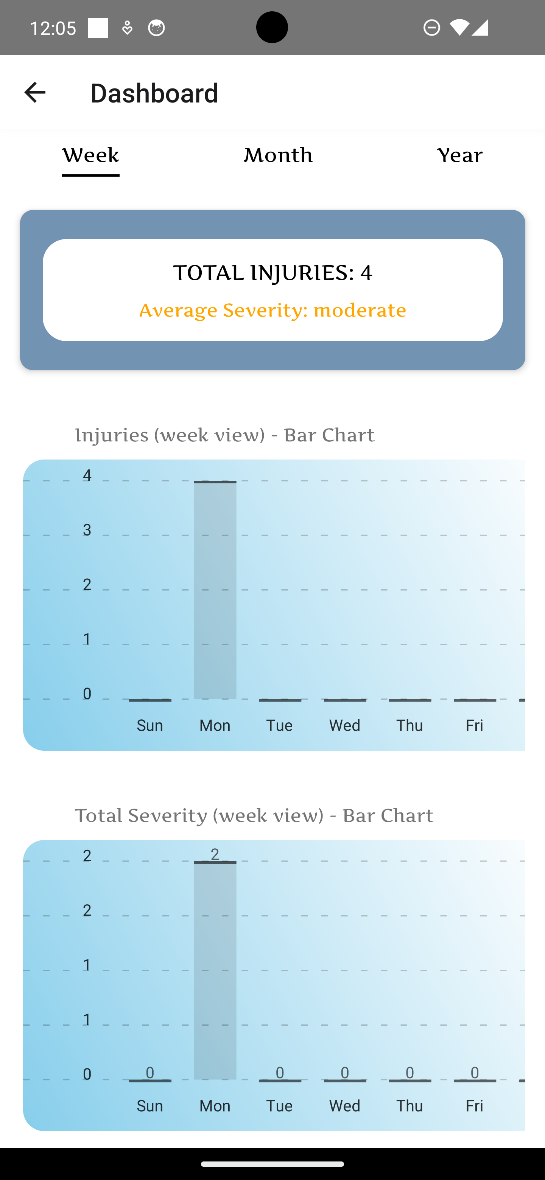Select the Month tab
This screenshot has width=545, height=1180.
278,155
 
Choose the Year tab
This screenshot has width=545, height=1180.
460,155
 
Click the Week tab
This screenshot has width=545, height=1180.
90,156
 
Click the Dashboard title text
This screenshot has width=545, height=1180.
154,93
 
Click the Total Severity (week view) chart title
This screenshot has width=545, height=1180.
254,815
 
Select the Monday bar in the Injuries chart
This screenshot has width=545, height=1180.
215,590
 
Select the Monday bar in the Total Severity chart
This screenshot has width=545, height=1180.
215,970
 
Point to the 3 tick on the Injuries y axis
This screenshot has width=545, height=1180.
87,530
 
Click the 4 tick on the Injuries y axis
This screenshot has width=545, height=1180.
87,475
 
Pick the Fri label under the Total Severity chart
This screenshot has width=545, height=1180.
474,1106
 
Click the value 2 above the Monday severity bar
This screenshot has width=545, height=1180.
215,854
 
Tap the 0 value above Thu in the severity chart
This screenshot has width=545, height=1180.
410,1072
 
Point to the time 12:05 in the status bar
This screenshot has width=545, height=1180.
53,28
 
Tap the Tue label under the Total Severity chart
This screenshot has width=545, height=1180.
280,1106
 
